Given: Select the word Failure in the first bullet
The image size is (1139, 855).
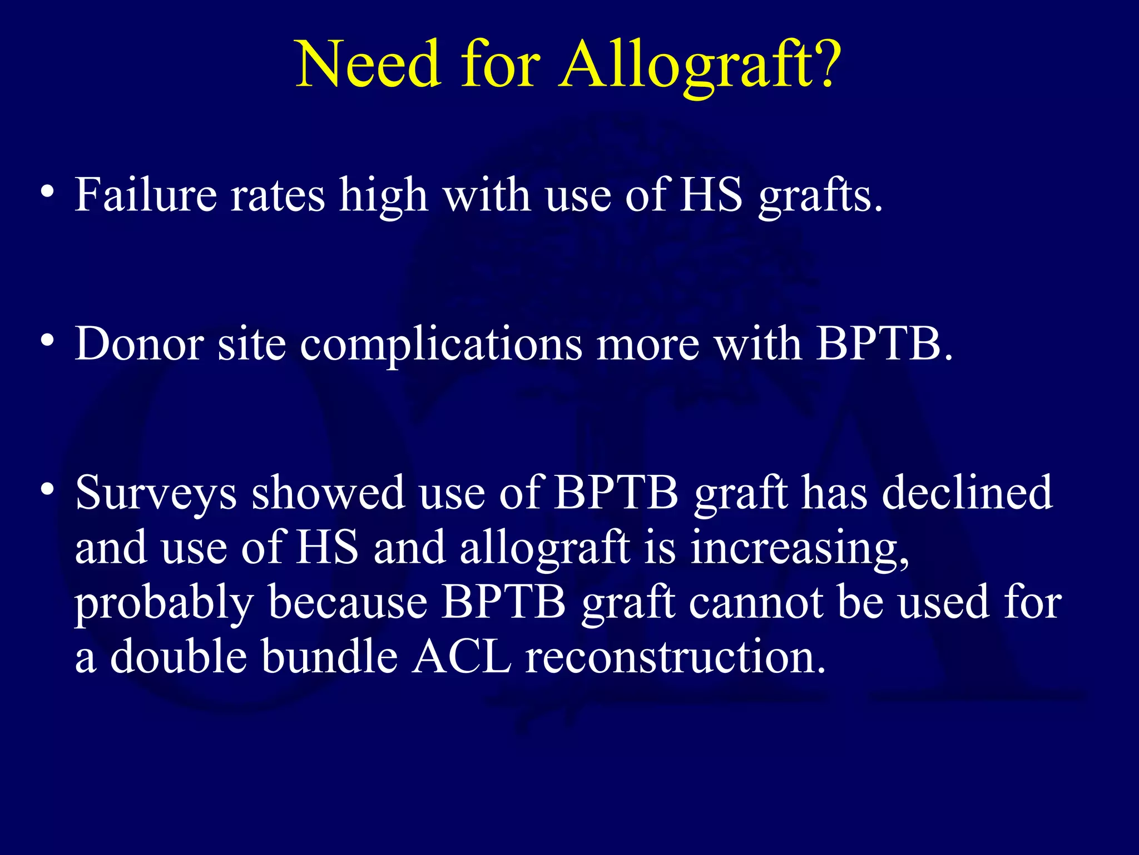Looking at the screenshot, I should click(146, 195).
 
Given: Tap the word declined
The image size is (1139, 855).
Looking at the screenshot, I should click(968, 493).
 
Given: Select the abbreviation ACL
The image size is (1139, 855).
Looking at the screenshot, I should click(462, 657).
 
